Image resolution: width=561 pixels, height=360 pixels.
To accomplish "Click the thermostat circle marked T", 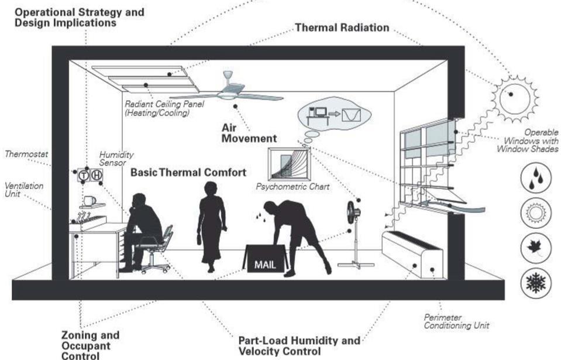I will (83, 174).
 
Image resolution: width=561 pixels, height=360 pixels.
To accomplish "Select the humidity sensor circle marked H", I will (96, 174).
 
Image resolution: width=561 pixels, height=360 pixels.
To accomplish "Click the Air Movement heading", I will (249, 133).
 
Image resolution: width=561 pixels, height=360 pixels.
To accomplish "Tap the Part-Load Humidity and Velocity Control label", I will (300, 345).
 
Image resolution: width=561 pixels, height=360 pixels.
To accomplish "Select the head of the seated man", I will (139, 201).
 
